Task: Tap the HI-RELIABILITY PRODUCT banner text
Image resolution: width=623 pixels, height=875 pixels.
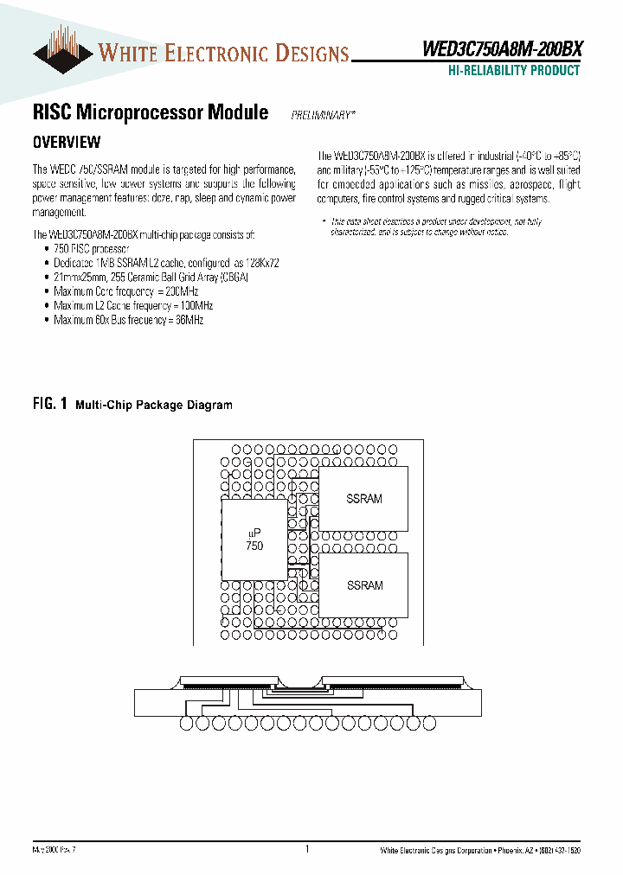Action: [x=514, y=71]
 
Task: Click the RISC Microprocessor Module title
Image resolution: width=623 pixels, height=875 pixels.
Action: [x=150, y=113]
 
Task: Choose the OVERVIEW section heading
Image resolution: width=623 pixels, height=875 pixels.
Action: [x=67, y=142]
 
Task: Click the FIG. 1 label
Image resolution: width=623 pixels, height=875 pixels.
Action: [x=50, y=404]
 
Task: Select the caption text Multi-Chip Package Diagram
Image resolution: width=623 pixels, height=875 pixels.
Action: [x=154, y=405]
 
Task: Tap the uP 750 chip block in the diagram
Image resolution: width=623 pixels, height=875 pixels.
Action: [x=254, y=540]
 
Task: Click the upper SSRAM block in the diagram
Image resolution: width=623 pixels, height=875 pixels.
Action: [x=364, y=499]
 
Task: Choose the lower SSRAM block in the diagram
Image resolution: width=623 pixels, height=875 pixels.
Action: [x=364, y=585]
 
